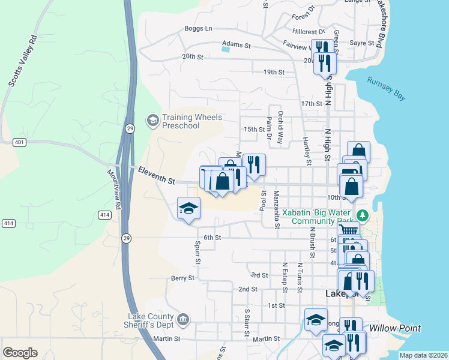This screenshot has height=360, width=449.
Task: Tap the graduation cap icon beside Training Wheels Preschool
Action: click(x=153, y=121)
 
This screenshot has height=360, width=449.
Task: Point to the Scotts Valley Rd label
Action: click(x=23, y=61)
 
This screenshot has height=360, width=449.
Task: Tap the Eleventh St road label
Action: click(x=156, y=176)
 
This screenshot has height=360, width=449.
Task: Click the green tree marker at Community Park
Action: click(x=361, y=215)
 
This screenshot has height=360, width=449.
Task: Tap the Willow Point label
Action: click(x=394, y=328)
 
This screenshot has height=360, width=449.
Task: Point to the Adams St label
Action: click(x=236, y=44)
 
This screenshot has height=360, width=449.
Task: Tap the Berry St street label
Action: click(x=182, y=278)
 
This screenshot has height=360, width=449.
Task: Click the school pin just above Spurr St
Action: click(x=188, y=209)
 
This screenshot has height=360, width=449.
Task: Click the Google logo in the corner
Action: click(x=20, y=353)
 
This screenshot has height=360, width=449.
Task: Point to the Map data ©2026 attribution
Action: click(x=423, y=355)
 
